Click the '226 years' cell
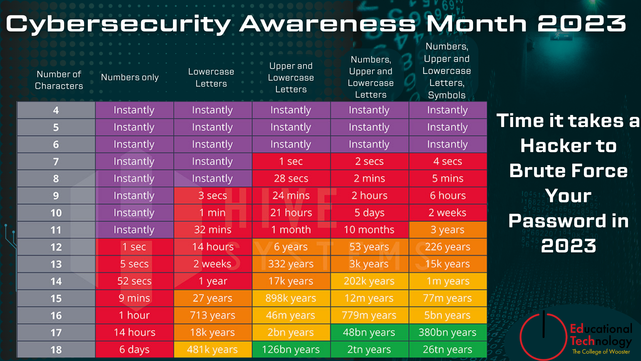(x=447, y=247)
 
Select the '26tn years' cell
(x=447, y=349)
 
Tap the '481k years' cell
(x=212, y=349)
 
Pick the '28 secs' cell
(x=291, y=178)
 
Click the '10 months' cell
(x=369, y=230)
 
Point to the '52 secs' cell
(x=134, y=281)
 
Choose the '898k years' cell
(x=291, y=298)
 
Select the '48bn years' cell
(x=369, y=332)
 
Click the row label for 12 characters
(x=56, y=247)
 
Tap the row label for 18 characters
(x=56, y=349)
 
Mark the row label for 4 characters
(x=56, y=110)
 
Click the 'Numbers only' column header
(x=130, y=77)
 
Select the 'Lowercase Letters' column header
(x=211, y=78)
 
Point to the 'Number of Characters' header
(x=59, y=80)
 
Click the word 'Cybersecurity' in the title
(x=119, y=24)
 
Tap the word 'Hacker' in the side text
(x=554, y=146)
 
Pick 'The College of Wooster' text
(x=601, y=352)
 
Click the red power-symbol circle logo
(x=544, y=336)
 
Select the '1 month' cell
(x=291, y=230)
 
